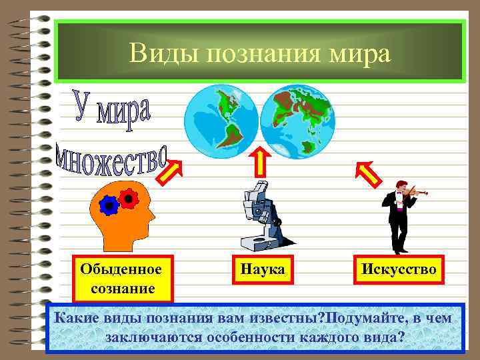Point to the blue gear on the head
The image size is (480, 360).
(109, 206)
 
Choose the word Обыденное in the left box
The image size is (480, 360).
(120, 269)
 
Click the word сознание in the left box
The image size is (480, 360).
(120, 288)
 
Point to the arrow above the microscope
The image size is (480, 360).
(260, 161)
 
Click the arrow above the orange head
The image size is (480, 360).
(171, 170)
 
